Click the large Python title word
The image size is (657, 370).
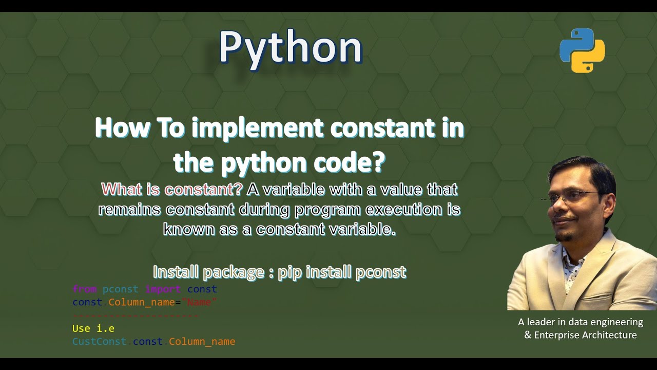coord(291,47)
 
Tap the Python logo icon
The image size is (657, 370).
coord(582,50)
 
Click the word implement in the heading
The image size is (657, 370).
coord(257,128)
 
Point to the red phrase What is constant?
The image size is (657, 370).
coord(172,190)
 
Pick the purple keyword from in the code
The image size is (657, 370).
coord(84,289)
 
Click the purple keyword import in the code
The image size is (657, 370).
coord(163,289)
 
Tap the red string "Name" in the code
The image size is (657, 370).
coord(199,302)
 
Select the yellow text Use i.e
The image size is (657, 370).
coord(93,328)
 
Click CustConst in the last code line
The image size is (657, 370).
coord(99,341)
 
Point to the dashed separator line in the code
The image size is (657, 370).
coord(136,314)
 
